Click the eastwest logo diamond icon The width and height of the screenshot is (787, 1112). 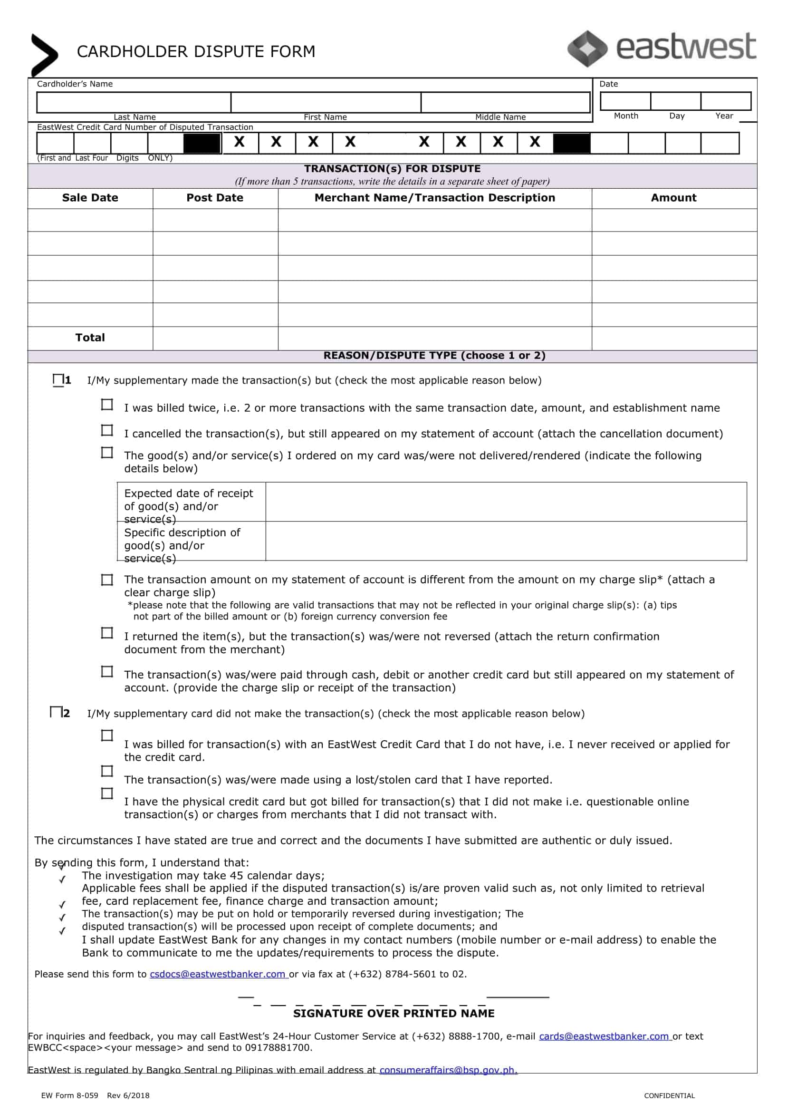587,48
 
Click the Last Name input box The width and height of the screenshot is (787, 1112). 134,102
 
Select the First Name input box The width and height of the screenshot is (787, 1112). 326,102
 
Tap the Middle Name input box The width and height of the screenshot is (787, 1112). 505,102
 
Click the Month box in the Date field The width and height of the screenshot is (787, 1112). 625,101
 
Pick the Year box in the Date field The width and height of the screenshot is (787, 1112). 725,101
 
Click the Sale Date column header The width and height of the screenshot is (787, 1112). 90,198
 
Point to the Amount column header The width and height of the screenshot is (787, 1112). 673,198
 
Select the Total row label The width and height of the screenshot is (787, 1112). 90,338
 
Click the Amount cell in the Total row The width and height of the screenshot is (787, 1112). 673,338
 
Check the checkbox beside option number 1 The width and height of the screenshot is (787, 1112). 58,379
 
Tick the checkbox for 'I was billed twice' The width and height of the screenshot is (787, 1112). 107,404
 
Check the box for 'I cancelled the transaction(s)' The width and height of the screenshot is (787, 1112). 107,430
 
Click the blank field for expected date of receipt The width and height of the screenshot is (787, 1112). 506,502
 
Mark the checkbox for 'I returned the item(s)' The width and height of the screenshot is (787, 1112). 107,633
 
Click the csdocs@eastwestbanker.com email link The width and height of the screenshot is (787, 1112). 218,974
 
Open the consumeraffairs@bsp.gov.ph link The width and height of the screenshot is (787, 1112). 448,1070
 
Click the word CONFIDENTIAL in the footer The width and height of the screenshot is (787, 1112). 669,1095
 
